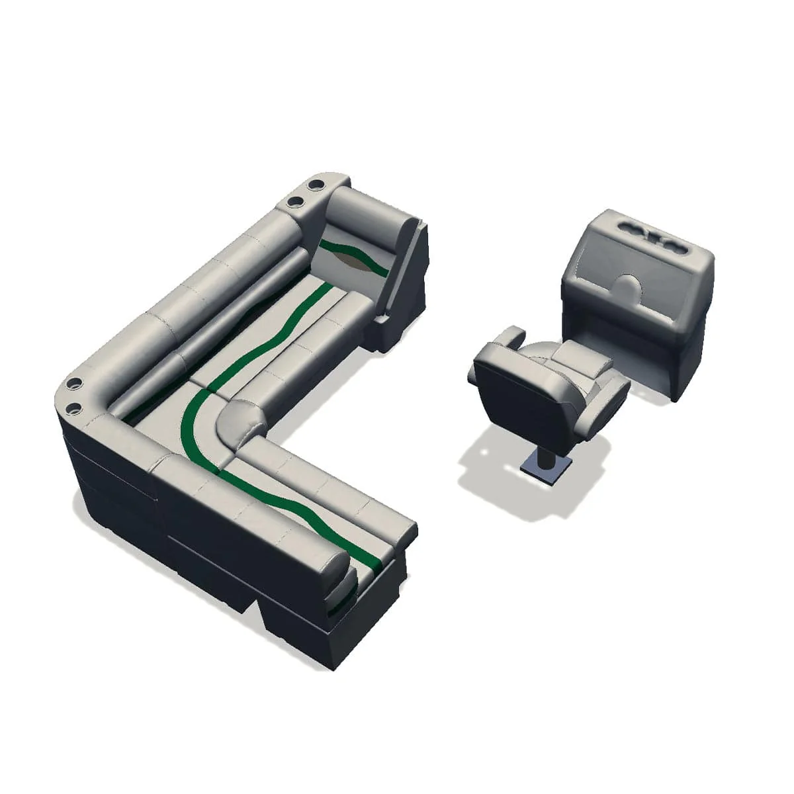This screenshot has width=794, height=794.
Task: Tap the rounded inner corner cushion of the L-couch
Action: (x=235, y=423)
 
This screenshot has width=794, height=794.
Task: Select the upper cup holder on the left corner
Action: (x=73, y=383)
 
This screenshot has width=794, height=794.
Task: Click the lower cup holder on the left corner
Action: (x=73, y=407)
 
